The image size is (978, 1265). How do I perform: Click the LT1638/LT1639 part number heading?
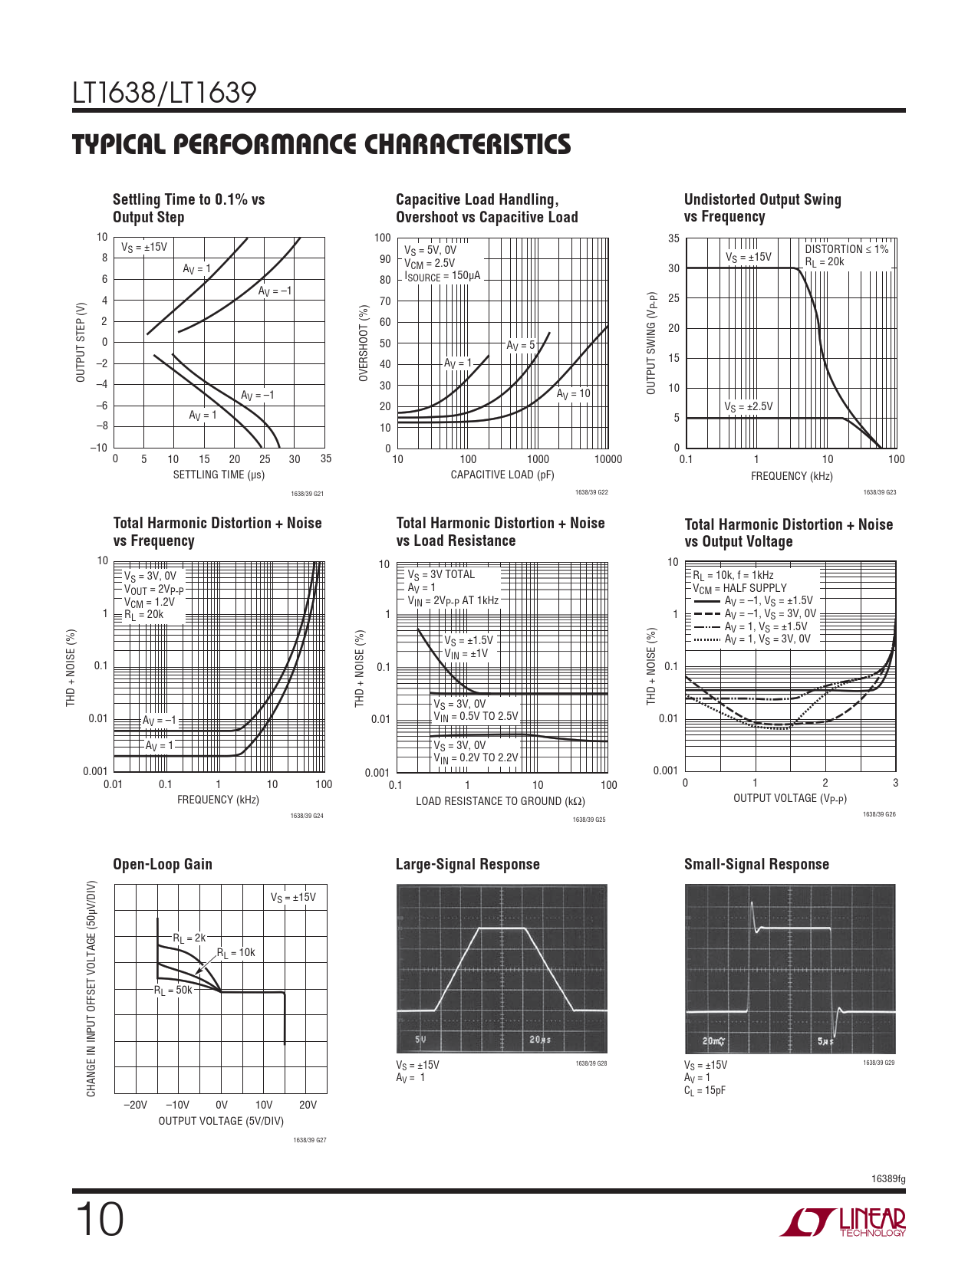164,94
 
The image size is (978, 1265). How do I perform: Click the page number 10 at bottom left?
99,1220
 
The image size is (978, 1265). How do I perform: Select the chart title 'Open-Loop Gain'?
163,864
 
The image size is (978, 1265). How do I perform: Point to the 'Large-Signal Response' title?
467,864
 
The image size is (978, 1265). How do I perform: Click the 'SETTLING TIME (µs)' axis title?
219,475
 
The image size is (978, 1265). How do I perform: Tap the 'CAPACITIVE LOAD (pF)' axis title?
502,475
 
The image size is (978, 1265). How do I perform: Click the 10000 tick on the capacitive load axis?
608,459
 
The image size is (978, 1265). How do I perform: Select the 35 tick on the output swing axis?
673,238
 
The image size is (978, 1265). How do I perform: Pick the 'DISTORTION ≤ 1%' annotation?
846,249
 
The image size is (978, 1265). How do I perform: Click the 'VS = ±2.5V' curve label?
749,406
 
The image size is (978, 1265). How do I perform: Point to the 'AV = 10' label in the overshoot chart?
574,394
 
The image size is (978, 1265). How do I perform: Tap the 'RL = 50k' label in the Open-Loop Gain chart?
173,990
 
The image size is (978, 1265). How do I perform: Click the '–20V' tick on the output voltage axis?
135,1105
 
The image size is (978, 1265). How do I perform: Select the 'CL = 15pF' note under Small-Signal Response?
705,1090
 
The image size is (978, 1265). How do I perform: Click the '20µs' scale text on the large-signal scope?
540,1040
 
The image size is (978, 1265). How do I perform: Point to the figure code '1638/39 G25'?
589,820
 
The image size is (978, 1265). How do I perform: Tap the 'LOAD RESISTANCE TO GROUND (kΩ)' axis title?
500,801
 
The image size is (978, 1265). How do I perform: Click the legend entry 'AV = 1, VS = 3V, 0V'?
767,639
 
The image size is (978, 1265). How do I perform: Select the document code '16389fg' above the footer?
888,1179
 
